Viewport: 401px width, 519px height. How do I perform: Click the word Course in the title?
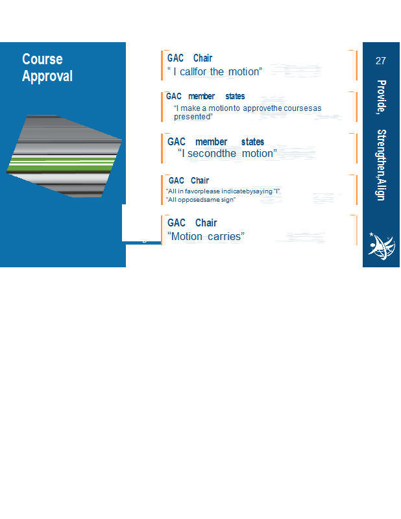tap(42, 59)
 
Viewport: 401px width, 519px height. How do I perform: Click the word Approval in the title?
tap(47, 77)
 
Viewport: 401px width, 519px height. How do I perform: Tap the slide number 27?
tap(380, 61)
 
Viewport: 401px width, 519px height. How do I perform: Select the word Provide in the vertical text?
tap(381, 97)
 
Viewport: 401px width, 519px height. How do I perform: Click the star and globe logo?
tap(382, 246)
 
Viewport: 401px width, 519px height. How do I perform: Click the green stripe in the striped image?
tap(62, 165)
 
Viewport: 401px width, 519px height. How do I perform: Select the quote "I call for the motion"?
tap(215, 71)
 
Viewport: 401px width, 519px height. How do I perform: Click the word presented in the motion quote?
tap(192, 117)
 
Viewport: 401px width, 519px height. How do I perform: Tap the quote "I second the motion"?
tap(227, 154)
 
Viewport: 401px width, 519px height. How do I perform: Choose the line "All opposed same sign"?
tap(200, 200)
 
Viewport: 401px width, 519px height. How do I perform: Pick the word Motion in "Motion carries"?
tap(187, 237)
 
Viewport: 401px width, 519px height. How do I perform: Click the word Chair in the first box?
tap(202, 58)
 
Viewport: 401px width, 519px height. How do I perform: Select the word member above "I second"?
tap(212, 142)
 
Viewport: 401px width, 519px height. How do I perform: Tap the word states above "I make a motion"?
tap(235, 96)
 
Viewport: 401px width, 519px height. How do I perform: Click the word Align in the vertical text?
tap(381, 190)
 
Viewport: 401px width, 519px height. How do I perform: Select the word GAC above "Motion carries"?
tap(176, 223)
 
